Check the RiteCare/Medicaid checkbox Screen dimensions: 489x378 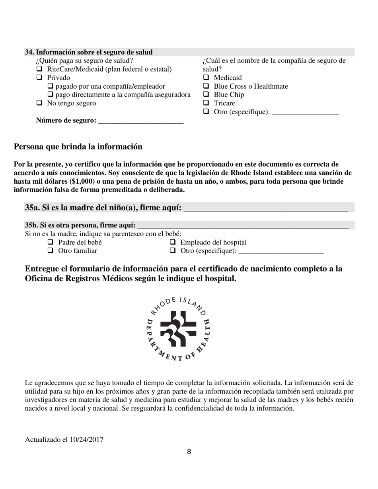click(x=39, y=69)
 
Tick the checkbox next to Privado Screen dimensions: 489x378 click(x=39, y=78)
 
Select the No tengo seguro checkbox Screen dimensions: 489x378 click(x=39, y=103)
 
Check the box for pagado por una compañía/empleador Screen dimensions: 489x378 click(x=51, y=86)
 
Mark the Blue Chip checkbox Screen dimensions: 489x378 click(x=206, y=95)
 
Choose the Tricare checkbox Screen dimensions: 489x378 click(x=206, y=103)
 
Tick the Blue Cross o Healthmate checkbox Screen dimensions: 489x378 click(x=206, y=86)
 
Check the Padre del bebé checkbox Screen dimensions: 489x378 click(x=51, y=243)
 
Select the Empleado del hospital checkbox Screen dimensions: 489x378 click(x=173, y=243)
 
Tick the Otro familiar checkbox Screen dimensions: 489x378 click(x=51, y=251)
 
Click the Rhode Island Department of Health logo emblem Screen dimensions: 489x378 click(x=179, y=328)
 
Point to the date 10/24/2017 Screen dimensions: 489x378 click(x=86, y=440)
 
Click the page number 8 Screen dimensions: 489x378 click(x=189, y=452)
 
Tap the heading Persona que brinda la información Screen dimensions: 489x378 click(x=78, y=147)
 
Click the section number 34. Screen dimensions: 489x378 click(x=29, y=52)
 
